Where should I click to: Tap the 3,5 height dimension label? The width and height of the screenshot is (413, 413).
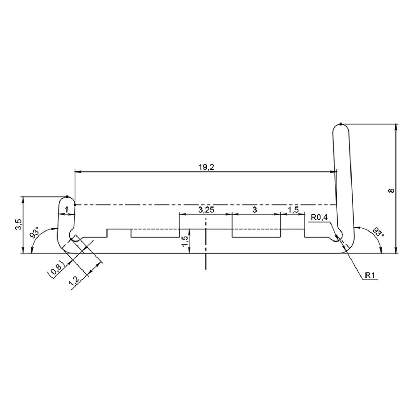(x=20, y=224)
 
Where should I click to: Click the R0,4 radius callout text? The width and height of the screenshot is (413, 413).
(x=320, y=217)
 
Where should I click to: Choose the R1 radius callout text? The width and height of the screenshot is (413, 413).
(x=370, y=275)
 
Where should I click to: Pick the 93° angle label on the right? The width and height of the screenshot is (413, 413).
(x=379, y=232)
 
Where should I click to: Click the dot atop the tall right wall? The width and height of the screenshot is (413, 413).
(x=341, y=124)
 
